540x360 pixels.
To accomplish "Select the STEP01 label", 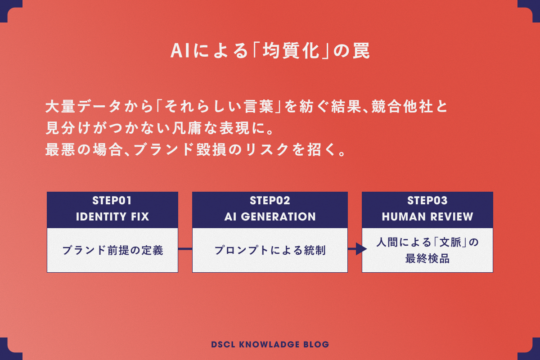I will [112, 200].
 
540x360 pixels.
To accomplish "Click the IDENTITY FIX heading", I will [112, 217].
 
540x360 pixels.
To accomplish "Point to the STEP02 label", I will [270, 200].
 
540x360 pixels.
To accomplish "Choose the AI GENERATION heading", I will [270, 217].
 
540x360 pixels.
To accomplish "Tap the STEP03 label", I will [427, 200].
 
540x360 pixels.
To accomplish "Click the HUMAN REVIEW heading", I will [427, 217].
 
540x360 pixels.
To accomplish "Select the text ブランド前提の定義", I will [112, 250].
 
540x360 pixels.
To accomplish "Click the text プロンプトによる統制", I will [270, 250].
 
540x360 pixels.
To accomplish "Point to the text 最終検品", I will [427, 259].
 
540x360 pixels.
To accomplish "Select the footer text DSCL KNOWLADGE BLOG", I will [270, 345].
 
